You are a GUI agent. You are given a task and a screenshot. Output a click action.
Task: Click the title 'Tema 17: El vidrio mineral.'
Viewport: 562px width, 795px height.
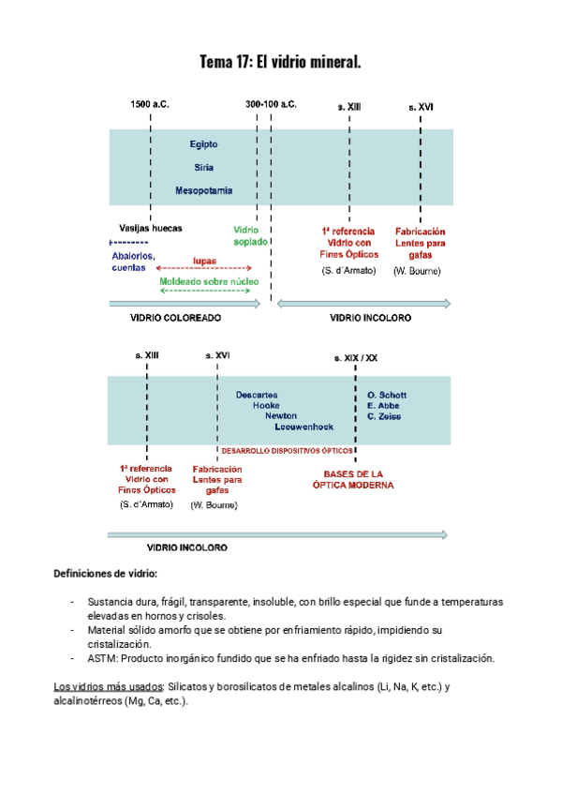tap(280, 63)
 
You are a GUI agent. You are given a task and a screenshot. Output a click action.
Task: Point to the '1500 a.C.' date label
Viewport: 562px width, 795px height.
tap(150, 105)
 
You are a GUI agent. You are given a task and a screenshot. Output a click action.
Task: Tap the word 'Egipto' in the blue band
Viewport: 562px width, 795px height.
tap(203, 144)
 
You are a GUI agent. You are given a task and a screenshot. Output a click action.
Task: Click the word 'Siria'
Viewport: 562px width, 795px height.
tap(203, 167)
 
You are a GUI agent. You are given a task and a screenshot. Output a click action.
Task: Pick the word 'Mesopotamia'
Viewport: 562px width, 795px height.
tap(203, 190)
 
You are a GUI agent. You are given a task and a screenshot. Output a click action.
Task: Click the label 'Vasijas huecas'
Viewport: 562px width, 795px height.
tap(151, 228)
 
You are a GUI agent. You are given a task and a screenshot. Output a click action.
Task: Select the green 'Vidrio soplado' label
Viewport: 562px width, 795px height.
tap(249, 235)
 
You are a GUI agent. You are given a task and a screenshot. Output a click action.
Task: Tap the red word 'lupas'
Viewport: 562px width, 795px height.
tap(205, 260)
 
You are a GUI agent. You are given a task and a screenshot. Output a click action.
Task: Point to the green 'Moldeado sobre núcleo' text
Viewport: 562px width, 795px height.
tap(209, 281)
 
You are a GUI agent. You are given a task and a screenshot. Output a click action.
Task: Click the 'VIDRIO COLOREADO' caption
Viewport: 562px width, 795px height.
tap(175, 319)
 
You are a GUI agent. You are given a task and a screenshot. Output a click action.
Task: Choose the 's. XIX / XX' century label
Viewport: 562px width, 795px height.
tap(356, 358)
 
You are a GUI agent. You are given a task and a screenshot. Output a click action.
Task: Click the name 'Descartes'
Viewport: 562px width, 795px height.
tap(256, 395)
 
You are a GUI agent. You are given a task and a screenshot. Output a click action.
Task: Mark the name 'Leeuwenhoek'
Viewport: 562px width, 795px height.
tap(303, 427)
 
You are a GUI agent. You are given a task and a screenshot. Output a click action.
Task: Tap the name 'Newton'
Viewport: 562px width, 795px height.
tap(281, 415)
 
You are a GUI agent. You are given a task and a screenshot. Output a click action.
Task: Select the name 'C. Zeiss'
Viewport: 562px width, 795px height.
tap(386, 415)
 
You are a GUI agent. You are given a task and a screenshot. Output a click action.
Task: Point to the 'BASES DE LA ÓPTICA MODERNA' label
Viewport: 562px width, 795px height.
tap(353, 480)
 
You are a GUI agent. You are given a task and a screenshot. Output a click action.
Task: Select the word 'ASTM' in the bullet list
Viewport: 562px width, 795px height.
tap(100, 659)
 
